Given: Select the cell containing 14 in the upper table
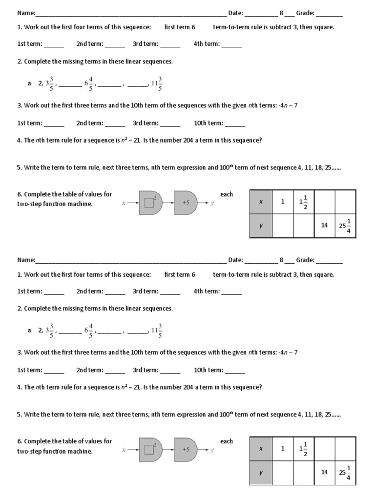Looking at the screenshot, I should [x=324, y=226].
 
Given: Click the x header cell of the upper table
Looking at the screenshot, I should [x=261, y=202].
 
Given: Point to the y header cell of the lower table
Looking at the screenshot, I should [x=261, y=472].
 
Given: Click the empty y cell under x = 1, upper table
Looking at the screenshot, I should [x=282, y=226].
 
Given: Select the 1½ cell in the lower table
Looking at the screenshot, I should [x=303, y=448].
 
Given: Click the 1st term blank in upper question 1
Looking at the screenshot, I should [x=54, y=44].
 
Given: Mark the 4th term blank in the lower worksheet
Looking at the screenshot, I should [x=231, y=292].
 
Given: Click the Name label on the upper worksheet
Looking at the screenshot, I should [x=26, y=13].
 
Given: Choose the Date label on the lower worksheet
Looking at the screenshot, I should [x=235, y=260].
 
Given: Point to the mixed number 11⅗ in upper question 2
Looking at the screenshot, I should [x=157, y=83].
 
